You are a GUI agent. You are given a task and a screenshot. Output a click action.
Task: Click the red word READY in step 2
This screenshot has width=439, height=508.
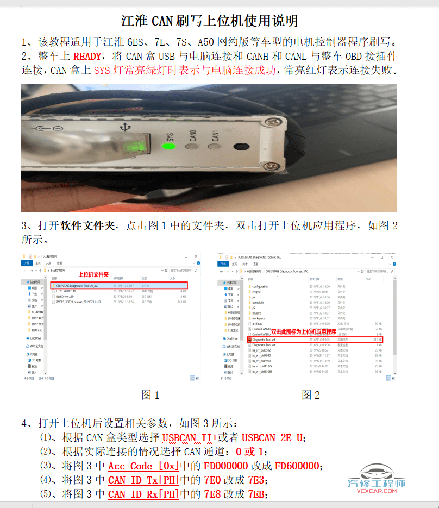pos(87,56)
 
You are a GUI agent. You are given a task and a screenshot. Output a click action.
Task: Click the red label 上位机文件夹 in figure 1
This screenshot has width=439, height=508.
pos(94,274)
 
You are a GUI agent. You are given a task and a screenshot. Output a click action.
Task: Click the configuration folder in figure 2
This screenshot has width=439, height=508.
pos(260,286)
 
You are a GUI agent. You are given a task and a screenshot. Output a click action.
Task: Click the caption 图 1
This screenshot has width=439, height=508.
pos(150,395)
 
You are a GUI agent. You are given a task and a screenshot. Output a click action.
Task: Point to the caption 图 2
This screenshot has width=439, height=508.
pos(311,395)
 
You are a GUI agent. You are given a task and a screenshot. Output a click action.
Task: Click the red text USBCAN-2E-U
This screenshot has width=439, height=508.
pos(272,437)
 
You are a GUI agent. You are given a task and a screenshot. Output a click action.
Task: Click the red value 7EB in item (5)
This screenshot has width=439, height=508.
pos(258,494)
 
